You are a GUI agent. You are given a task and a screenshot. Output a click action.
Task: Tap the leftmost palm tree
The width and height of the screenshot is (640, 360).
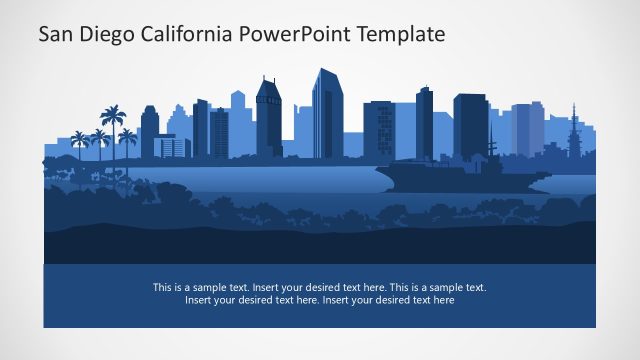(79, 139)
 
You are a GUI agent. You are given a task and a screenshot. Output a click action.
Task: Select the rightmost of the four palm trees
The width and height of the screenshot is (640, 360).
(128, 136)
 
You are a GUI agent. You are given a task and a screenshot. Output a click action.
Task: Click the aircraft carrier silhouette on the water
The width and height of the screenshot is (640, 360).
(460, 178)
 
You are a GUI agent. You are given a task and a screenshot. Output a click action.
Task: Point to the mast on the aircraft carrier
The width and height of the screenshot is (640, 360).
(491, 150)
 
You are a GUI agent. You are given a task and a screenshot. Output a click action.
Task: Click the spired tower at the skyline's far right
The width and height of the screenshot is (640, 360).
(574, 130)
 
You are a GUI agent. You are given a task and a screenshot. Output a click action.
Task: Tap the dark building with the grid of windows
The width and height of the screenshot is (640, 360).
(378, 128)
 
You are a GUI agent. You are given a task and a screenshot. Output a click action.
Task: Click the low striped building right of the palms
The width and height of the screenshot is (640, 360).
(172, 146)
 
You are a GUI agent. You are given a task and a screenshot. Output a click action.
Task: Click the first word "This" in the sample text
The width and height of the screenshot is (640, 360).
(163, 287)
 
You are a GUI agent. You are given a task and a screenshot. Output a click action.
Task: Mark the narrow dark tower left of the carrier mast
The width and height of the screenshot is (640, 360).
(425, 122)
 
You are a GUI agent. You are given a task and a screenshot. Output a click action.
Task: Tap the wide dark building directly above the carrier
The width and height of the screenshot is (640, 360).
(470, 125)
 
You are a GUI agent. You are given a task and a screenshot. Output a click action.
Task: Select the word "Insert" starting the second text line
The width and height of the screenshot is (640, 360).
(200, 300)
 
